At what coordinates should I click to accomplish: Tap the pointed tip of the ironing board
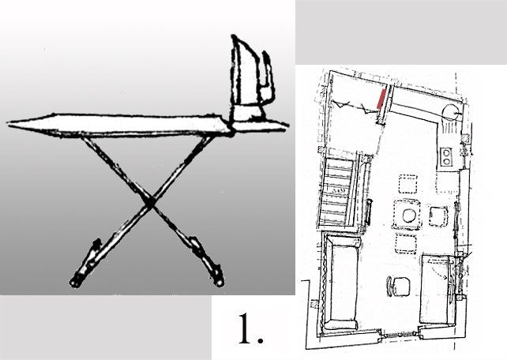click(x=8, y=123)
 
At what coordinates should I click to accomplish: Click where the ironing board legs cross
click(x=150, y=202)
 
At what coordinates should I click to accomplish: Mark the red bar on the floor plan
click(x=381, y=99)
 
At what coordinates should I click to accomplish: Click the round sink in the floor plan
click(x=450, y=113)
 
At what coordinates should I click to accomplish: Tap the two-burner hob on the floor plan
click(x=446, y=156)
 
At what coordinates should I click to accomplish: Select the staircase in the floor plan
click(x=337, y=191)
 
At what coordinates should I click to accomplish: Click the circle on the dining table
click(x=409, y=216)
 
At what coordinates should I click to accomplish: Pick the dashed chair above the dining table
click(x=407, y=184)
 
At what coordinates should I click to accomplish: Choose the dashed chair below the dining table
click(x=405, y=244)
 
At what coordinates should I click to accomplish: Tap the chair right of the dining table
click(x=438, y=216)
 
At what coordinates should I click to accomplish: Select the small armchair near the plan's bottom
click(x=398, y=287)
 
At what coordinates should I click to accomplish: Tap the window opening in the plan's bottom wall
click(x=400, y=336)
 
